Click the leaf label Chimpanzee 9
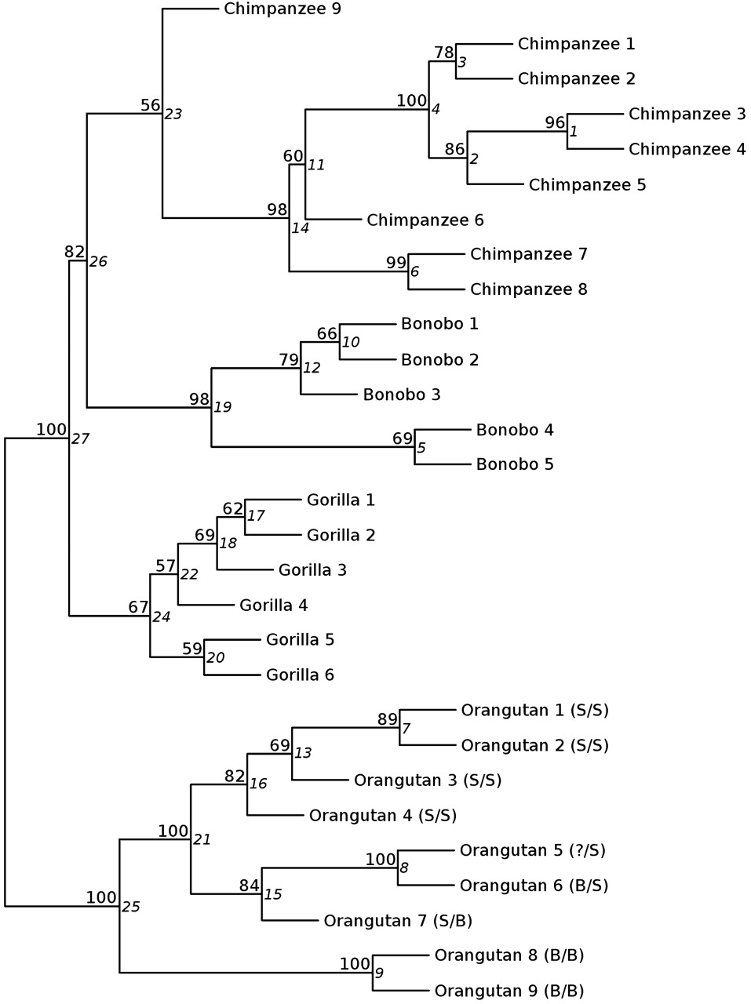point(271,9)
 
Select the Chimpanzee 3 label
point(687,115)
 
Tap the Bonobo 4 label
point(515,430)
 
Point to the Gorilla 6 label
point(300,675)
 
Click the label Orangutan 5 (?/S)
point(533,850)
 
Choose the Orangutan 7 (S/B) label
point(398,921)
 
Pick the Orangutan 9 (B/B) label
point(509,991)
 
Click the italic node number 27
point(80,439)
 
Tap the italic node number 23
point(173,115)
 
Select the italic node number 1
point(574,132)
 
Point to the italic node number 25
point(130,908)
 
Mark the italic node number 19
point(223,408)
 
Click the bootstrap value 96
point(555,122)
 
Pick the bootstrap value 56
point(150,105)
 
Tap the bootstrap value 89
point(388,718)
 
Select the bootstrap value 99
point(396,262)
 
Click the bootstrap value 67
point(138,607)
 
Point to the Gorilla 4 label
point(273,606)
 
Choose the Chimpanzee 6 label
point(425,220)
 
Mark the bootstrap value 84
point(250,886)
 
